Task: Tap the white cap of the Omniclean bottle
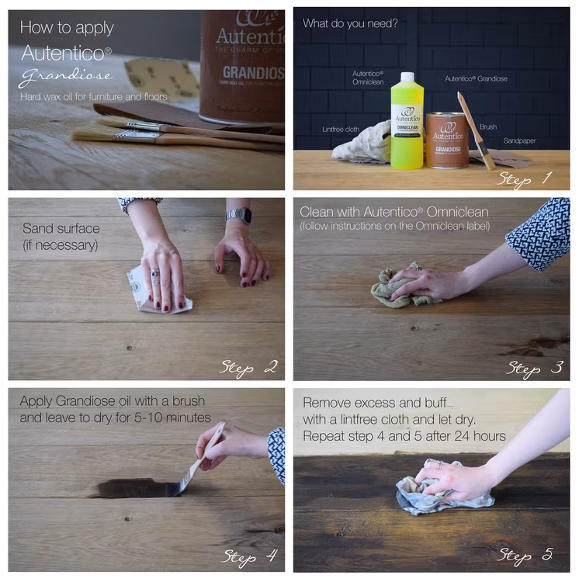(407, 77)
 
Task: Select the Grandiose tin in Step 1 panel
(447, 140)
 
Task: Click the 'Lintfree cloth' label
(341, 129)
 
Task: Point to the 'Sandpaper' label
(519, 140)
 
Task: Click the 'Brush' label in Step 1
(487, 127)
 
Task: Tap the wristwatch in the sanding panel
(239, 215)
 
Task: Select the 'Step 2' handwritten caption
(248, 368)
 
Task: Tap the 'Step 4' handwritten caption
(249, 556)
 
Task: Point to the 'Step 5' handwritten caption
(525, 556)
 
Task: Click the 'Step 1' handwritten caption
(525, 179)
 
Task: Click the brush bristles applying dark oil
(177, 487)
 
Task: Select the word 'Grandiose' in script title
(65, 75)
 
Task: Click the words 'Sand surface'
(61, 228)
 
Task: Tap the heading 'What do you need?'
(350, 24)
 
